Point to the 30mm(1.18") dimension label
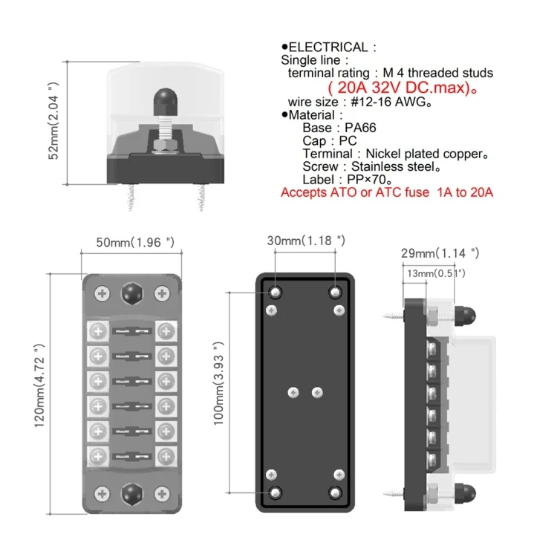307,240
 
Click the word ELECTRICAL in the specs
333,47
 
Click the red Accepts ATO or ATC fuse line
387,192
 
